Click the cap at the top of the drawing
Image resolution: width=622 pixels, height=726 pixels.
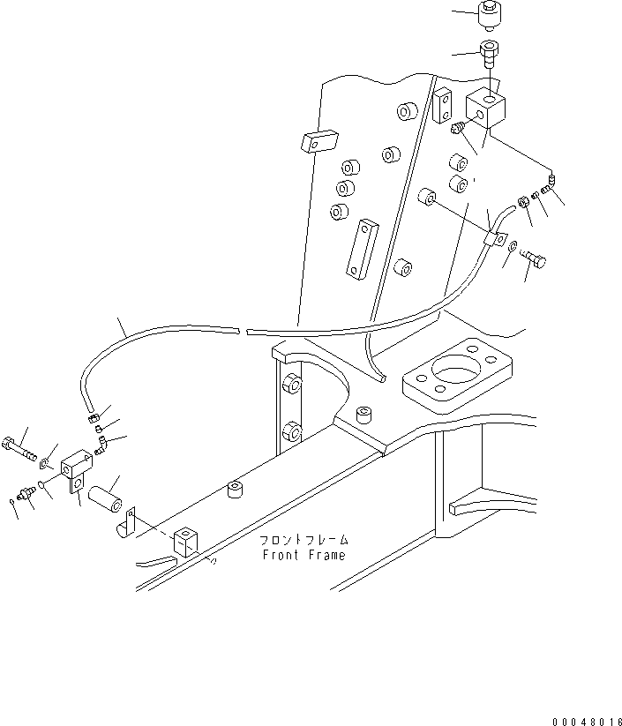pos(489,15)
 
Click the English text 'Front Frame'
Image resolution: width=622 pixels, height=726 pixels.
pos(304,555)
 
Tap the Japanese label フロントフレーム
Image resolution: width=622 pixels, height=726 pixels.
pos(304,540)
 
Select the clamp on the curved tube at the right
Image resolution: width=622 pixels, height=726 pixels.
pos(496,238)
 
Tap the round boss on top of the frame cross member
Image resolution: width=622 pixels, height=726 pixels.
pos(362,413)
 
